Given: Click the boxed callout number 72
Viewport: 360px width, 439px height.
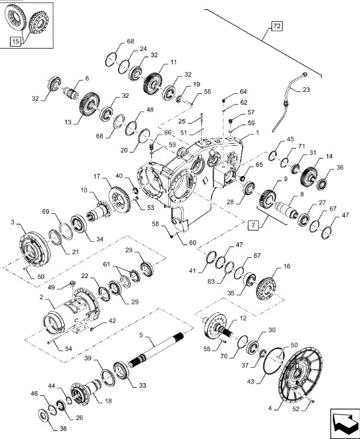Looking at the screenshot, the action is pyautogui.click(x=277, y=26).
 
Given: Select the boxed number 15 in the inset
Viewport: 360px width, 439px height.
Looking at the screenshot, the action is pyautogui.click(x=15, y=41).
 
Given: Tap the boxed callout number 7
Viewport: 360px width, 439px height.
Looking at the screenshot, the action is pyautogui.click(x=253, y=225).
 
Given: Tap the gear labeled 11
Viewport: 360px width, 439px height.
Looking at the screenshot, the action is pyautogui.click(x=153, y=83).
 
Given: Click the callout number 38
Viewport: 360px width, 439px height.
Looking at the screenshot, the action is pyautogui.click(x=63, y=428).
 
